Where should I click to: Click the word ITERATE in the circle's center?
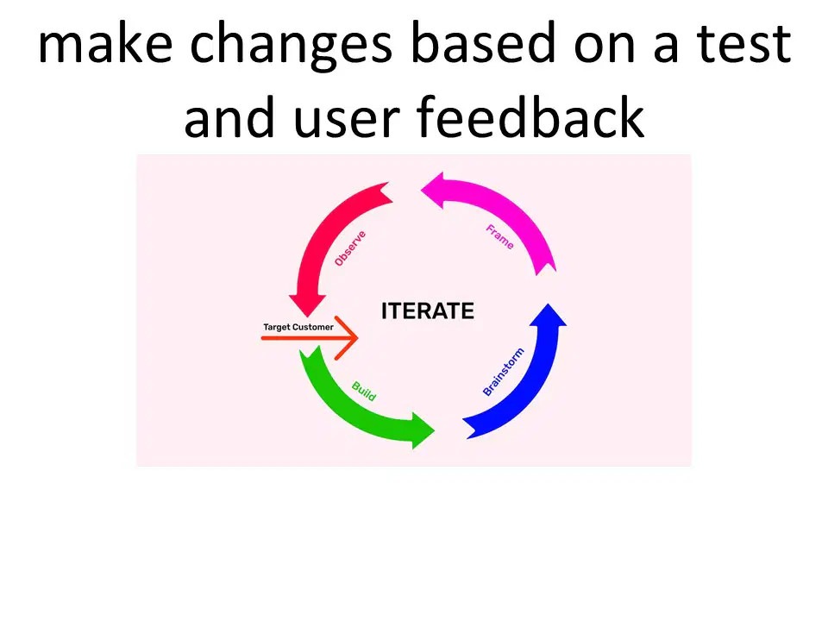(x=428, y=311)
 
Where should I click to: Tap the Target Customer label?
(x=298, y=327)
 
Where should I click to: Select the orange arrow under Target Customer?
(x=310, y=338)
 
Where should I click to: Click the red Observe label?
(x=350, y=248)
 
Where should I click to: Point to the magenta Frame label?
(x=500, y=236)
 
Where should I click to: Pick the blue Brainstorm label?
(x=504, y=372)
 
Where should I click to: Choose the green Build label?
(x=364, y=392)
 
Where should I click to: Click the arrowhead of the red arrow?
(x=307, y=304)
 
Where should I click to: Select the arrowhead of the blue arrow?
(x=549, y=316)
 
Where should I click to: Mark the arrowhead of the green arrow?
(x=423, y=431)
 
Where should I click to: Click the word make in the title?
(x=105, y=43)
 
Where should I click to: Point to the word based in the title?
(x=483, y=42)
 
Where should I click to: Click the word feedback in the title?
(x=530, y=116)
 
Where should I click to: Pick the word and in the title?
(x=229, y=116)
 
